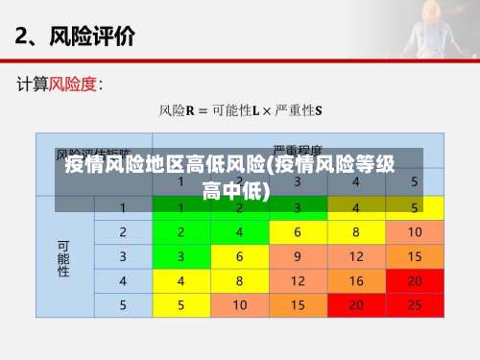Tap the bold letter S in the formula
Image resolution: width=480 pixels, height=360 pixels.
319,111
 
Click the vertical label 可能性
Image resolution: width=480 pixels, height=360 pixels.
64,256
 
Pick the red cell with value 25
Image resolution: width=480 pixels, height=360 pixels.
415,305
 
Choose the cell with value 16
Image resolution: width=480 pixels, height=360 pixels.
356,281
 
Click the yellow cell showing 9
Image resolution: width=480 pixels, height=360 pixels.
298,256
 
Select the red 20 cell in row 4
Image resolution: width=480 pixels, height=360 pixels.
415,281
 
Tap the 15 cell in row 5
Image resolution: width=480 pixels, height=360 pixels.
298,305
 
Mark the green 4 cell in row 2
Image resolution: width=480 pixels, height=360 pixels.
239,232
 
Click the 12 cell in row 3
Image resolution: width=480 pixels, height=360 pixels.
356,256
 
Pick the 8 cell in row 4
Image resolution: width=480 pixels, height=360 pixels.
239,281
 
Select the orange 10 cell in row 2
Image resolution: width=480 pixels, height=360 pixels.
415,232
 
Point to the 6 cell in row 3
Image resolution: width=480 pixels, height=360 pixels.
239,256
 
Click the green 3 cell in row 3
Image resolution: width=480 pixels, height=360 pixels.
180,256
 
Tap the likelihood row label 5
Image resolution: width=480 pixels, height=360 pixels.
123,305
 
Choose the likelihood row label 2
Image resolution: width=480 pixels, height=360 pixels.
123,232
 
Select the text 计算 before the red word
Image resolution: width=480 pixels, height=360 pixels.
33,84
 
